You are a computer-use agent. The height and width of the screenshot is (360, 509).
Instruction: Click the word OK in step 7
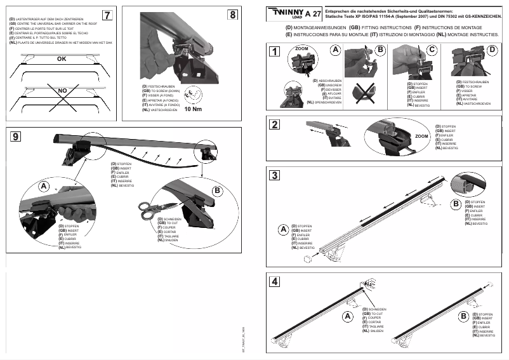(62, 58)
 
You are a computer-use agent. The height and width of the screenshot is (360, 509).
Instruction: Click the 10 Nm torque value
(193, 109)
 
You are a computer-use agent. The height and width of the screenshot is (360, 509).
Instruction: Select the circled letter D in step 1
(492, 50)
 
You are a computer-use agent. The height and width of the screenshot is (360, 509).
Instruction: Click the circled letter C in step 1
(432, 50)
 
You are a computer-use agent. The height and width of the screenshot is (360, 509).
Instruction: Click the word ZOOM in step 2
(421, 137)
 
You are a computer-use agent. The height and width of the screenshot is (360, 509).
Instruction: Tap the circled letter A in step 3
(283, 229)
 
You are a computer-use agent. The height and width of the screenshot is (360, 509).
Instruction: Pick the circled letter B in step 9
(216, 190)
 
